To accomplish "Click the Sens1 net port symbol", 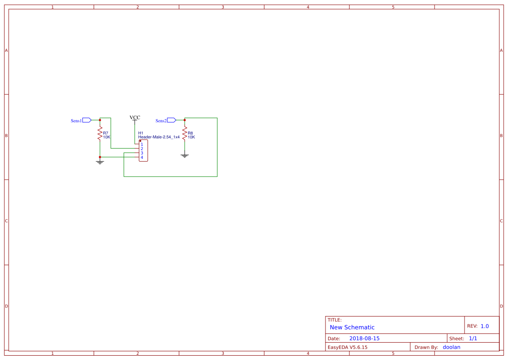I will point(86,120).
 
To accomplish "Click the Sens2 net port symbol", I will point(171,120).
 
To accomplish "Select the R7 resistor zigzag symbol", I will point(100,133).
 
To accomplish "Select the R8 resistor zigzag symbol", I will point(185,133).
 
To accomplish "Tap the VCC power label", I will point(135,117).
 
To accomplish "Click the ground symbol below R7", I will point(100,162).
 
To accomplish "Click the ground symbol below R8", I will point(185,155).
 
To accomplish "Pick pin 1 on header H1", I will point(142,144).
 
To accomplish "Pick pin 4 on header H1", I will point(142,157).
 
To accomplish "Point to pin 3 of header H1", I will point(142,153).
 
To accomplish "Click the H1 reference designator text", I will point(140,133).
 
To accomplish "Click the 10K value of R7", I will point(106,137).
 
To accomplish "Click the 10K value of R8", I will point(191,137).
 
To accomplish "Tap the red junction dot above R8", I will point(185,120).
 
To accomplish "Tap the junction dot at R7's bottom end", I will point(100,157).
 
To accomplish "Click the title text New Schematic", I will point(352,327).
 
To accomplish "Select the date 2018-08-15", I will point(364,338).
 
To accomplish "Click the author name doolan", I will point(451,347).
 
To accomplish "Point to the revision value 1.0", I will point(485,326).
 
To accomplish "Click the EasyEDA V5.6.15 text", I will point(347,347).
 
